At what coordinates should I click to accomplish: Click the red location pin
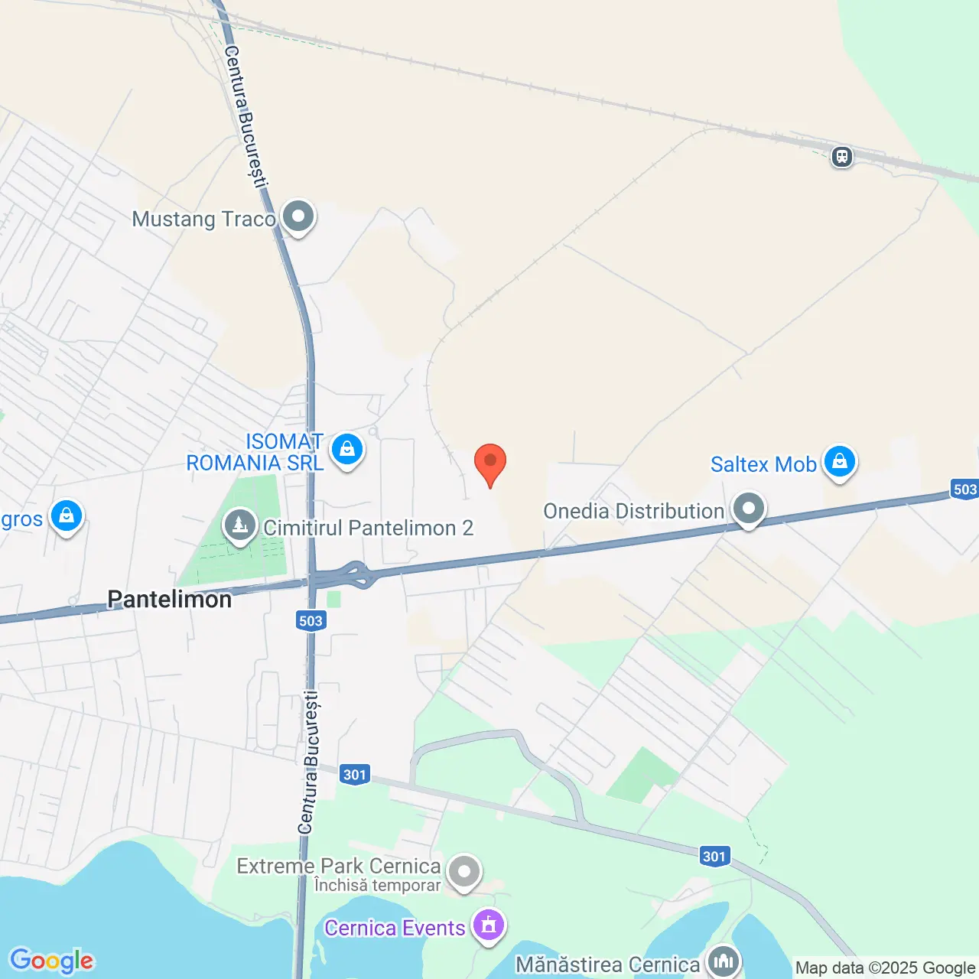(490, 463)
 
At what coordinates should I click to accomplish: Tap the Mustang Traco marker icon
(298, 216)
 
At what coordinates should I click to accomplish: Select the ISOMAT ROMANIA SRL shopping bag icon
(347, 449)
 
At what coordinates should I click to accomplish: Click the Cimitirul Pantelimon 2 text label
(369, 528)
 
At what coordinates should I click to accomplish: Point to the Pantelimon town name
(169, 599)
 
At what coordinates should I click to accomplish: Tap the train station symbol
(842, 157)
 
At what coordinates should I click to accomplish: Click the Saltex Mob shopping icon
(840, 462)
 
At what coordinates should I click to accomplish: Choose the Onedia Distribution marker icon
(749, 509)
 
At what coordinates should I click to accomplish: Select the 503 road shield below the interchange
(311, 620)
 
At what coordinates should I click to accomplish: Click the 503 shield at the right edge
(964, 489)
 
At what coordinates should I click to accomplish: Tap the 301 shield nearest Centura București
(355, 774)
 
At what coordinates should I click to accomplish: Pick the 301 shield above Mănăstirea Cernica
(714, 856)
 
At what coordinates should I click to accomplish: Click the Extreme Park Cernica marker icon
(463, 871)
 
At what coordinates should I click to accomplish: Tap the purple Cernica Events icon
(489, 925)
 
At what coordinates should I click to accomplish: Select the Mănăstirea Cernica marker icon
(723, 961)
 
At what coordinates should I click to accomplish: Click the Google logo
(52, 960)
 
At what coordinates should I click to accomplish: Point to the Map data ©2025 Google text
(885, 968)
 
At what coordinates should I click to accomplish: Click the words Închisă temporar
(378, 886)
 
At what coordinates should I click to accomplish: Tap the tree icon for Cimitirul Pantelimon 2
(240, 525)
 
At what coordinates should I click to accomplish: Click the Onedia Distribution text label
(633, 511)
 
